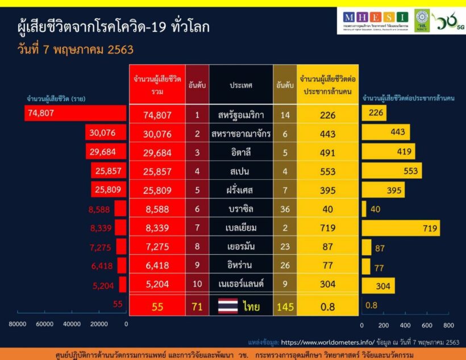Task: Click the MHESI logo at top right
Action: coord(376,20)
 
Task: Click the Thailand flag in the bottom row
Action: coord(228,307)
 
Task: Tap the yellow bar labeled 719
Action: coord(401,228)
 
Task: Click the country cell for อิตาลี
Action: coord(240,152)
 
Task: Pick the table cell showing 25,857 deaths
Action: coord(157,171)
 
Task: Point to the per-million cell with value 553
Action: coord(328,171)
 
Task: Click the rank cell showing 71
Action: coord(197,307)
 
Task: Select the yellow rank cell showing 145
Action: coord(285,307)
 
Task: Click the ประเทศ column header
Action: coord(240,85)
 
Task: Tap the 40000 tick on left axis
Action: coord(72,325)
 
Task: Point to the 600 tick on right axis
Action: coord(426,325)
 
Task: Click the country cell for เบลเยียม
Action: coord(240,228)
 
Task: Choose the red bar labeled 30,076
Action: coord(106,133)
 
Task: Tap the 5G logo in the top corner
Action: coord(449,21)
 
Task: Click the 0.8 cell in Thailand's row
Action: coord(328,307)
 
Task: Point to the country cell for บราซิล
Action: coord(240,209)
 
